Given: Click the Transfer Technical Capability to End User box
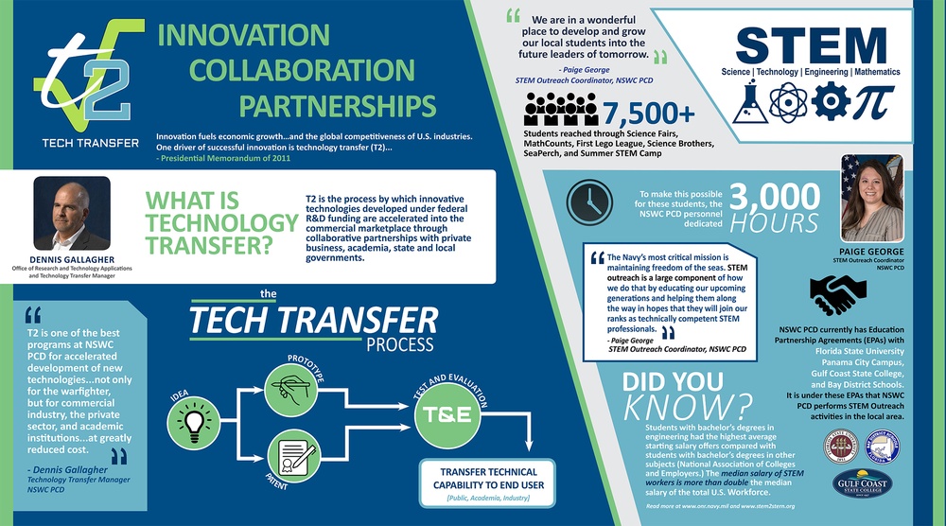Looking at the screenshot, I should [489, 479].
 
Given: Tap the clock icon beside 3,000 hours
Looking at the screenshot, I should [587, 200].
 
